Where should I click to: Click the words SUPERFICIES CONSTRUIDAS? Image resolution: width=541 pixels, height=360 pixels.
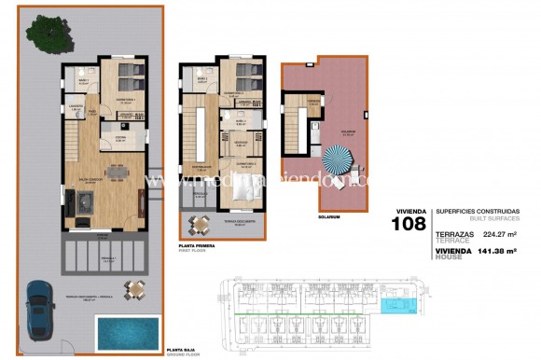[x=472, y=212]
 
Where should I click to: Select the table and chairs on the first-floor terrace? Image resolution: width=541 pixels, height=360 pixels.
[x=200, y=223]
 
